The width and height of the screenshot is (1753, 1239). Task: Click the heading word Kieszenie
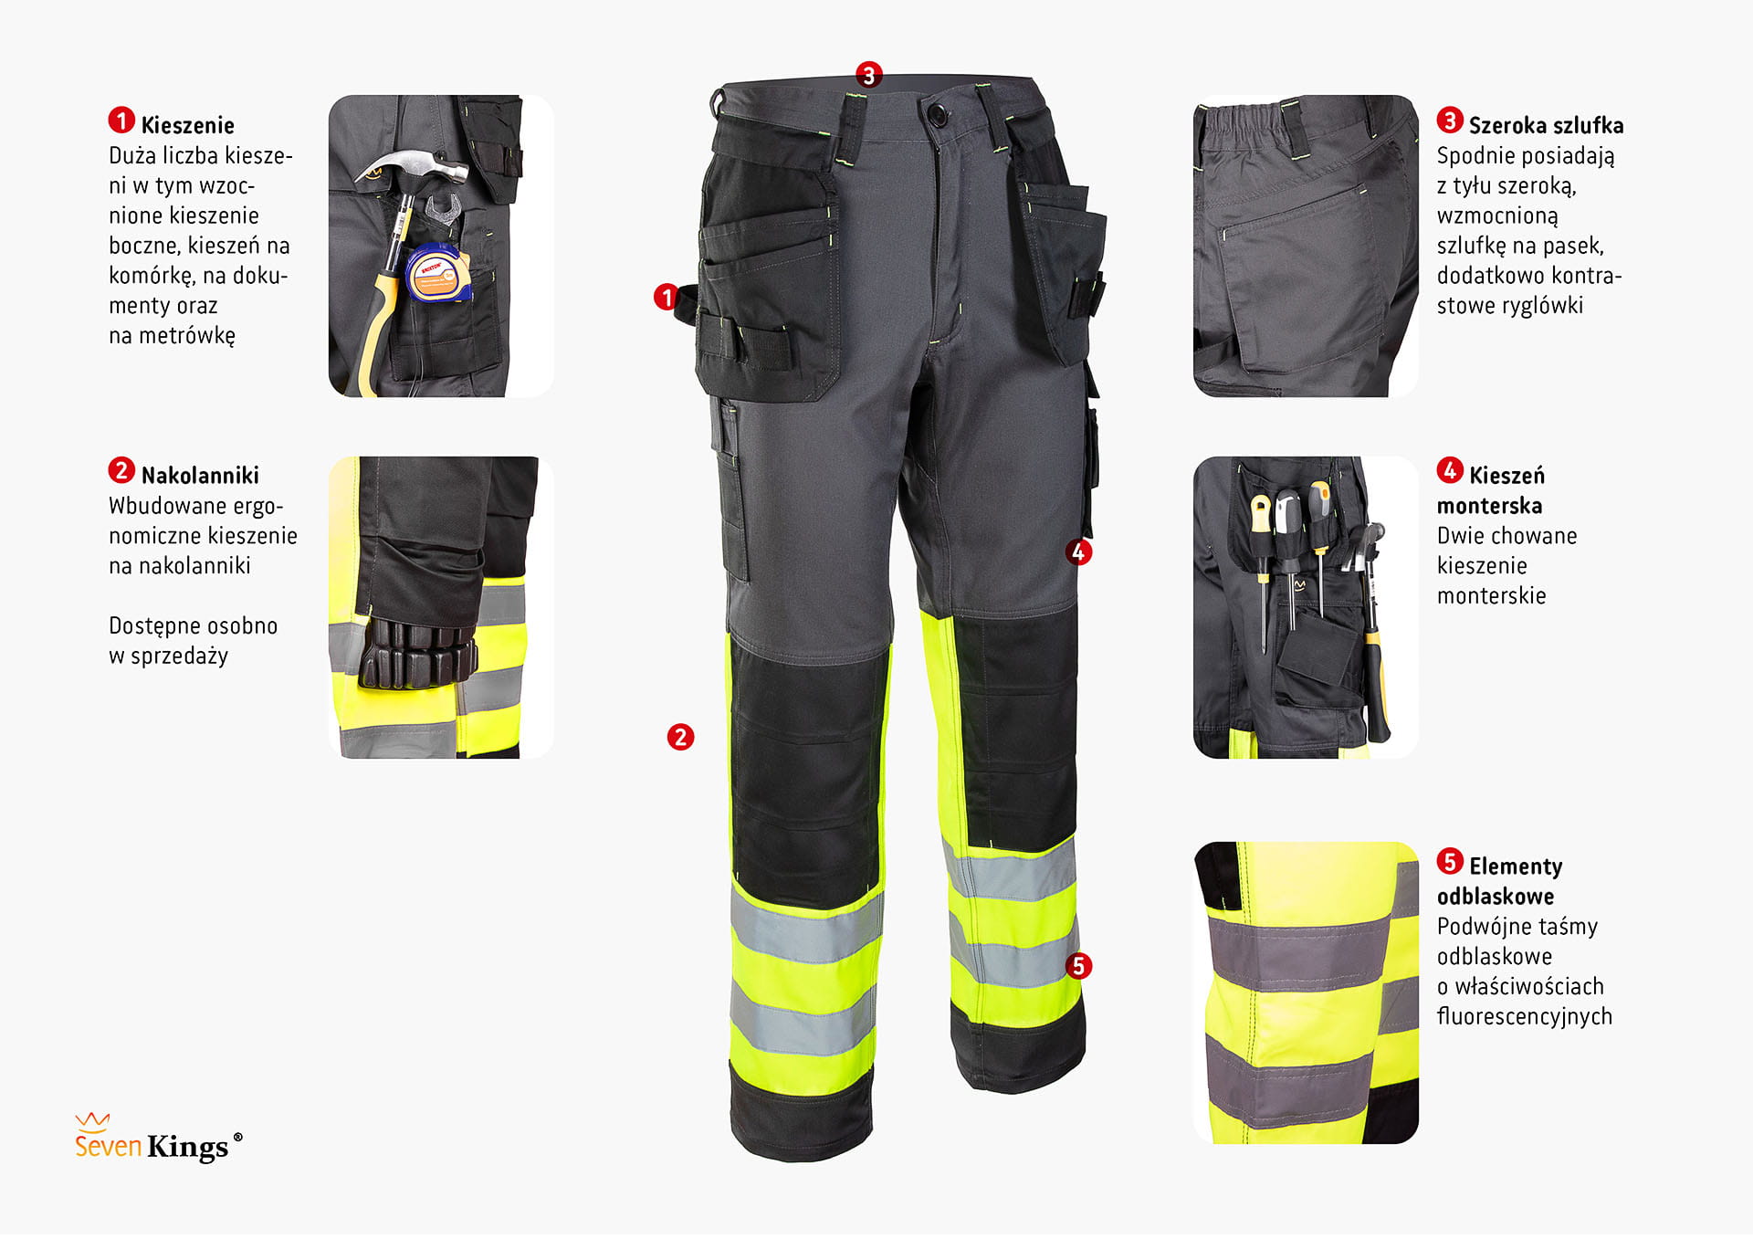click(187, 125)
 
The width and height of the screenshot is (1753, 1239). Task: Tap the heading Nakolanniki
click(200, 475)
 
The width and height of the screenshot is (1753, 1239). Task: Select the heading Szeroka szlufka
click(1547, 125)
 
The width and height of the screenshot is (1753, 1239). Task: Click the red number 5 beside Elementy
click(1449, 862)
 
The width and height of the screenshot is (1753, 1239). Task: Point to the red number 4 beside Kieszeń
click(1449, 471)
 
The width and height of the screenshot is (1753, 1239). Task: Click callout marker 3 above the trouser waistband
click(868, 75)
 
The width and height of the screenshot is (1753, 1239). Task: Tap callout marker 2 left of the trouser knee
click(680, 737)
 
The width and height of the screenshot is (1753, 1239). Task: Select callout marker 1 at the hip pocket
click(667, 297)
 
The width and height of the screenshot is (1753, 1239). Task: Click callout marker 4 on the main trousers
click(1078, 551)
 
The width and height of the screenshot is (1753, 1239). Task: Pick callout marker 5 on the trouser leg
click(1078, 966)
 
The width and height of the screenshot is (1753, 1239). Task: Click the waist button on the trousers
click(935, 114)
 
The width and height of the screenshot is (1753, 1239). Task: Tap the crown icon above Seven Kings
click(92, 1120)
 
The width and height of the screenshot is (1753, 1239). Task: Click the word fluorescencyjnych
click(1525, 1016)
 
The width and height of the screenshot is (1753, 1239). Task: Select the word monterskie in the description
click(1492, 596)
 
